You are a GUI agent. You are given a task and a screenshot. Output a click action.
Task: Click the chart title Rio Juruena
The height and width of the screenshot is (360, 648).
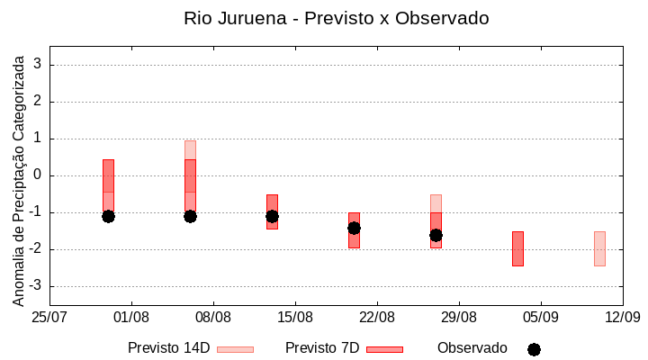click(336, 18)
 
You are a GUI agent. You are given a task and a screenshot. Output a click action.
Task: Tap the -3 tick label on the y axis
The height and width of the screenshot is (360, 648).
click(37, 286)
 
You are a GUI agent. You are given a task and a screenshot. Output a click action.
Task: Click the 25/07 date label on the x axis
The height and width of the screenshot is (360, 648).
click(49, 318)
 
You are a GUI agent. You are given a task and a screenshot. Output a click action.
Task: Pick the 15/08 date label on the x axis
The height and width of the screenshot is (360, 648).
click(295, 318)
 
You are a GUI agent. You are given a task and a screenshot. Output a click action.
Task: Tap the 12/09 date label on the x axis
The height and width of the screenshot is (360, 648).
click(622, 318)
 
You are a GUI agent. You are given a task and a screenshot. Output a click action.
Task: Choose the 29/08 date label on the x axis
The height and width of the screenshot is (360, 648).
click(459, 318)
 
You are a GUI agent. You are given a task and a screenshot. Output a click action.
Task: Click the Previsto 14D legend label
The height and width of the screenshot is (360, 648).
click(168, 348)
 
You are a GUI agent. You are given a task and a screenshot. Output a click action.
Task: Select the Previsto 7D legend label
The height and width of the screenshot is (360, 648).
click(322, 348)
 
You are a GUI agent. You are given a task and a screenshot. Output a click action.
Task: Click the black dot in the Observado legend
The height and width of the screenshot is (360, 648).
click(534, 349)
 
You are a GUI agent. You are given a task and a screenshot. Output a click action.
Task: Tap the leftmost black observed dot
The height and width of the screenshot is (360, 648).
click(108, 216)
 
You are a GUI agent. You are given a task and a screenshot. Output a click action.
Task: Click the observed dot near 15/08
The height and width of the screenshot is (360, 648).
click(272, 216)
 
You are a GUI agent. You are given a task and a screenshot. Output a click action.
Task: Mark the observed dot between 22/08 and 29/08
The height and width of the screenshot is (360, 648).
click(436, 235)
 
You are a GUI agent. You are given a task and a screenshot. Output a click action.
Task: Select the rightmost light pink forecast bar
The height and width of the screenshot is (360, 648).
click(599, 248)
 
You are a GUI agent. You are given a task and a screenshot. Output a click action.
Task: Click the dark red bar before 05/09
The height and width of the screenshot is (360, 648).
click(517, 248)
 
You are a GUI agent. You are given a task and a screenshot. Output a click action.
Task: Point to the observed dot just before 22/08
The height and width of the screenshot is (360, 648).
click(354, 228)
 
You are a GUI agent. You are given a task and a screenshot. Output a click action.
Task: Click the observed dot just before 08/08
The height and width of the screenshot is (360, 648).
click(190, 216)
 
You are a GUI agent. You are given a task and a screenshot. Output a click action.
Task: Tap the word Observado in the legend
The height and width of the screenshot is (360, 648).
click(472, 348)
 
